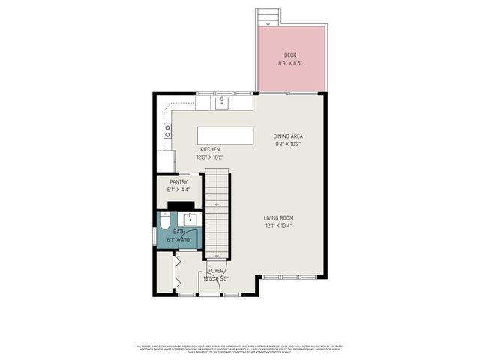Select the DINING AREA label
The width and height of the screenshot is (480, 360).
coord(289,136)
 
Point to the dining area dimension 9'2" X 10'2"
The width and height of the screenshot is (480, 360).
coord(289,143)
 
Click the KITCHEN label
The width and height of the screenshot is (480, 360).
coord(210,150)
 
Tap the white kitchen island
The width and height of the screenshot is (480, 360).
coord(226,136)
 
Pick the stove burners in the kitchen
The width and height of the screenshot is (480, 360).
coord(168,131)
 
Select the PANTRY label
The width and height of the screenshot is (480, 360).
coord(178,181)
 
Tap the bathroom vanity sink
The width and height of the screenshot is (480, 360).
coord(190,220)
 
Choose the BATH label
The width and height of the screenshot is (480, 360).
coord(179,232)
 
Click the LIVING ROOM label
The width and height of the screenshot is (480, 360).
coord(278,218)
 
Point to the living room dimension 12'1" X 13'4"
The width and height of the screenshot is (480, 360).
coord(278,226)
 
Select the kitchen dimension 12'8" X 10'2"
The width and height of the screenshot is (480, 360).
coord(210,157)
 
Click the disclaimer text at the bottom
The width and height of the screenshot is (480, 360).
coord(240,348)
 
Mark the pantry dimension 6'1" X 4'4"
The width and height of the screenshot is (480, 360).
coord(178,189)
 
